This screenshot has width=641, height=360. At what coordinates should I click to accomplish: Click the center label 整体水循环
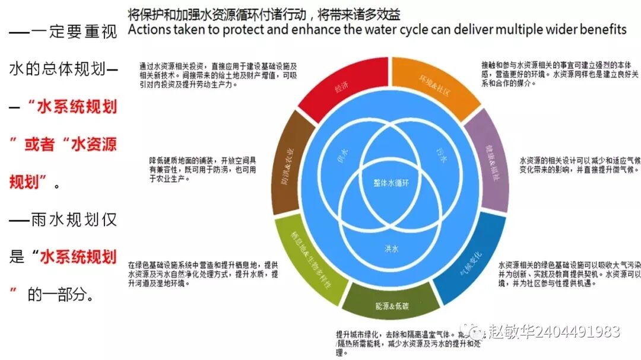(391, 182)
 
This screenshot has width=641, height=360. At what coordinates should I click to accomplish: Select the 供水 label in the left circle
(343, 152)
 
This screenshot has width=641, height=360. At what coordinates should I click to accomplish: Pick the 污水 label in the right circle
(438, 152)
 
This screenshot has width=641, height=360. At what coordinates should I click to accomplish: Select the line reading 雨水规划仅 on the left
(62, 219)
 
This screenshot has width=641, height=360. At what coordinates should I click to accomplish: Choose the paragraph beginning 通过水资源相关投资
(217, 75)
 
